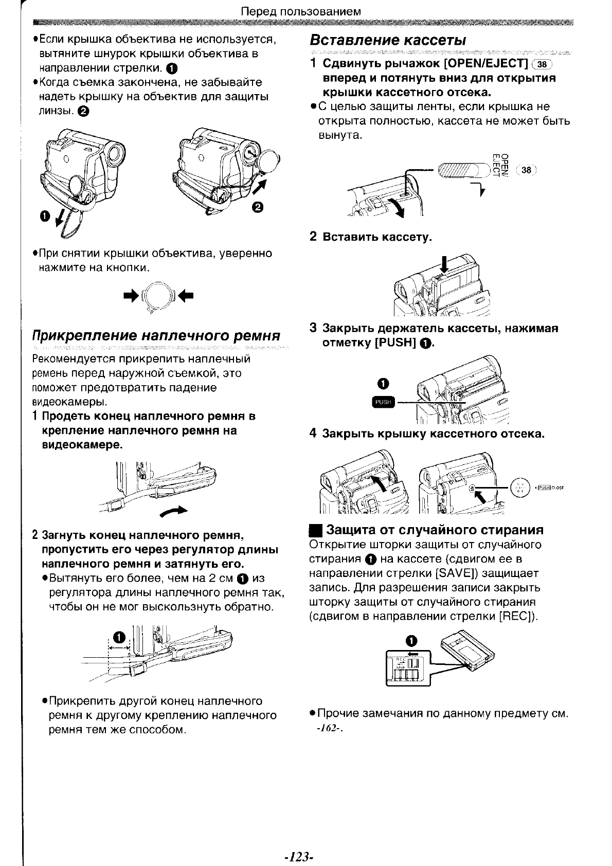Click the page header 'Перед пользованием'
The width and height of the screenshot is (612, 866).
(301, 11)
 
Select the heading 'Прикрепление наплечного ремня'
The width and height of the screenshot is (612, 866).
(156, 336)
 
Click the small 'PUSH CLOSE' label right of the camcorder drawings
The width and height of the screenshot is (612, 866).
(549, 488)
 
